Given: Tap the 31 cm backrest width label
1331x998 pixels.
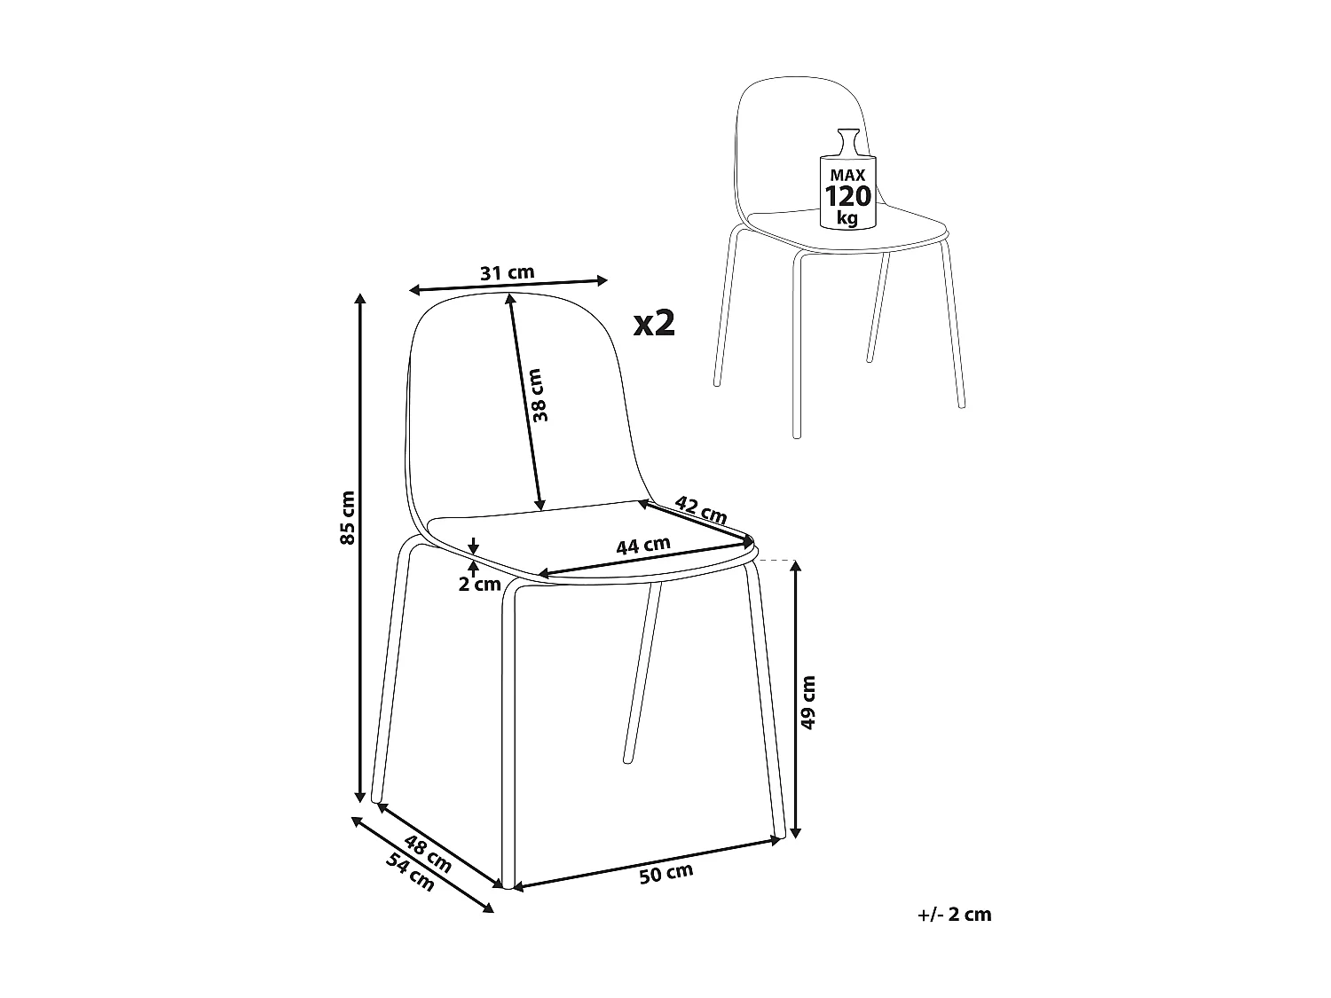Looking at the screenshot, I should pos(507,272).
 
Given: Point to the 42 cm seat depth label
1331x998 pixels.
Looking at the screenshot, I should pos(701,509).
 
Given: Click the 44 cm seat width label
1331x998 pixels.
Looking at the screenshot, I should pos(643,546).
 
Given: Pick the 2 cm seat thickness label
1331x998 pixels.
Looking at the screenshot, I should pos(480,584).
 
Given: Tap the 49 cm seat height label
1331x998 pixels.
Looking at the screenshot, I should pos(807,702).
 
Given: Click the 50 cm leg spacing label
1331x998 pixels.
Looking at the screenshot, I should pos(665,873).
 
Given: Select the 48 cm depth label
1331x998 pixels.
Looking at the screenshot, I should pos(428,853).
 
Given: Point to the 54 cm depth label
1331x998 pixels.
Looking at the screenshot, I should pos(411,871).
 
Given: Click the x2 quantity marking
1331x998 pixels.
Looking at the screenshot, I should pos(655,324).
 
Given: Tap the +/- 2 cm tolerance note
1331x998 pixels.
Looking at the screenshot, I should pos(955,914).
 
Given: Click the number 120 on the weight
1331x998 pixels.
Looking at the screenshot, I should pos(848,196).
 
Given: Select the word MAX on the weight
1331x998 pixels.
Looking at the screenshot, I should pos(847,177).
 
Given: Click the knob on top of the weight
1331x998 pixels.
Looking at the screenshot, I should pos(847,139).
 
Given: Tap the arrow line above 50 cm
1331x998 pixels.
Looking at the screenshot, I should pos(648,861).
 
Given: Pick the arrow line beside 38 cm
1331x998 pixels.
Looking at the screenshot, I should pos(524,404).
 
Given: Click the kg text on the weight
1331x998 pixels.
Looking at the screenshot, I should pos(847,217).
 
